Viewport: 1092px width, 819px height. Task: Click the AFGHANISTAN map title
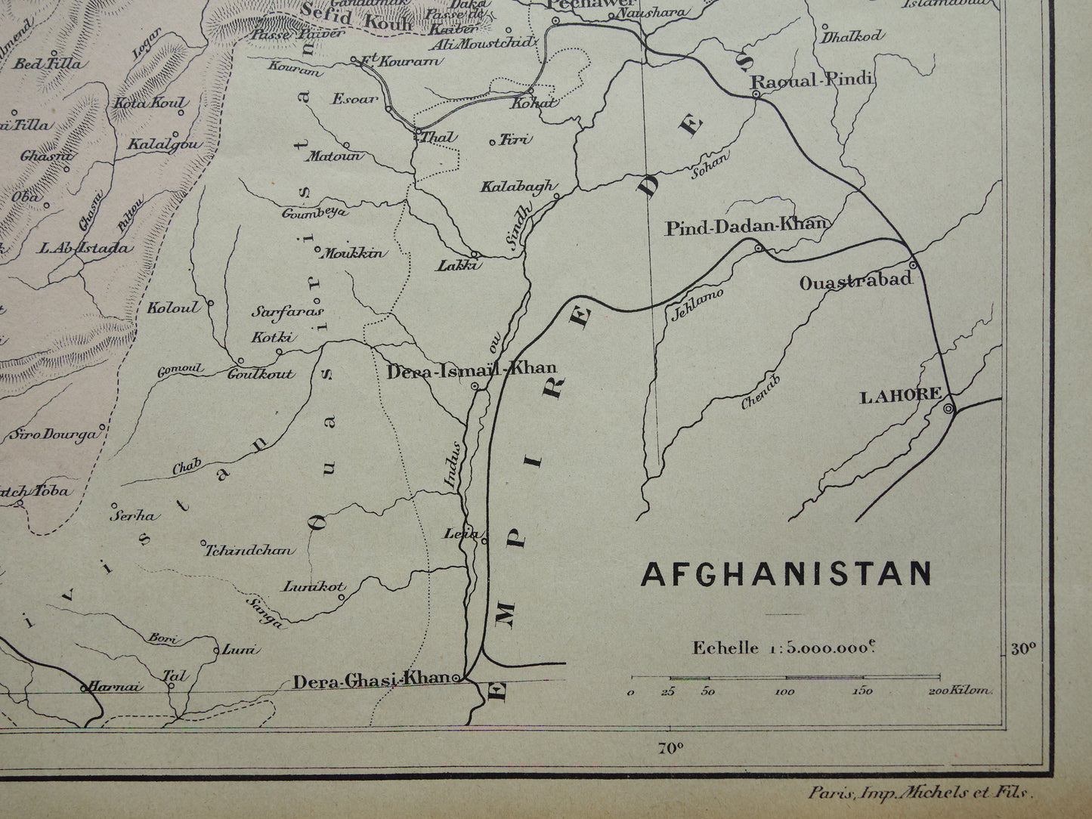point(786,573)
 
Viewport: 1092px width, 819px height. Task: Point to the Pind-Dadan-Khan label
point(747,225)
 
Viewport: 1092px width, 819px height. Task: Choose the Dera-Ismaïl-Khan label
point(472,369)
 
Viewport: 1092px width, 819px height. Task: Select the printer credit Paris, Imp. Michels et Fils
point(919,793)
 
